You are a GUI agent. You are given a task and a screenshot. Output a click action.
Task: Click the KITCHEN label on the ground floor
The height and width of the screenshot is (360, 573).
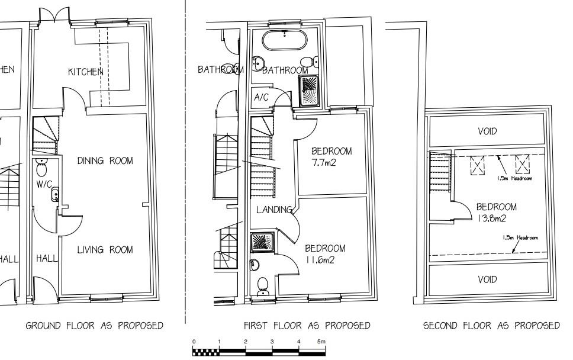(x=86, y=72)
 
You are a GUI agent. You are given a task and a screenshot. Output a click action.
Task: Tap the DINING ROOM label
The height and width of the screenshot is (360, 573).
(x=105, y=161)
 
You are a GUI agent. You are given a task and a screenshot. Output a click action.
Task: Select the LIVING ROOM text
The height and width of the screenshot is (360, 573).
(x=105, y=250)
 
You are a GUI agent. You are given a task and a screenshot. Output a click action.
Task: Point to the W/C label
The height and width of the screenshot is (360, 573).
(x=44, y=184)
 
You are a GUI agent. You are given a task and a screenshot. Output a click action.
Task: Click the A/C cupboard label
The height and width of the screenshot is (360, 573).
(x=262, y=98)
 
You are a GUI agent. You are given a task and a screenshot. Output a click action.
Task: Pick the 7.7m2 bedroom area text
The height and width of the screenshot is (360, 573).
(x=324, y=163)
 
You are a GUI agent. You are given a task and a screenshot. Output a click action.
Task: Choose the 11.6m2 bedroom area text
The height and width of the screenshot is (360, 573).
(x=320, y=259)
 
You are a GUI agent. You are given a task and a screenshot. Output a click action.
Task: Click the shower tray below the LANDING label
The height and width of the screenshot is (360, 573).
(x=260, y=242)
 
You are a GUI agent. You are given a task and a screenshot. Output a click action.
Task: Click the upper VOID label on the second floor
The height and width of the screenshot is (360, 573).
(x=487, y=131)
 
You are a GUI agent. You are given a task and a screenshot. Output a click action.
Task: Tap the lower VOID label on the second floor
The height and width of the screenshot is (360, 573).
(x=487, y=279)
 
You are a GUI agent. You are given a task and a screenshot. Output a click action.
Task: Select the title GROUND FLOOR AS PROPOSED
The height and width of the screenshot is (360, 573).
(x=94, y=326)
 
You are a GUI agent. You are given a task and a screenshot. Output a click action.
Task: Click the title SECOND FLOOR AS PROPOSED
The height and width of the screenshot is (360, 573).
(x=491, y=326)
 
